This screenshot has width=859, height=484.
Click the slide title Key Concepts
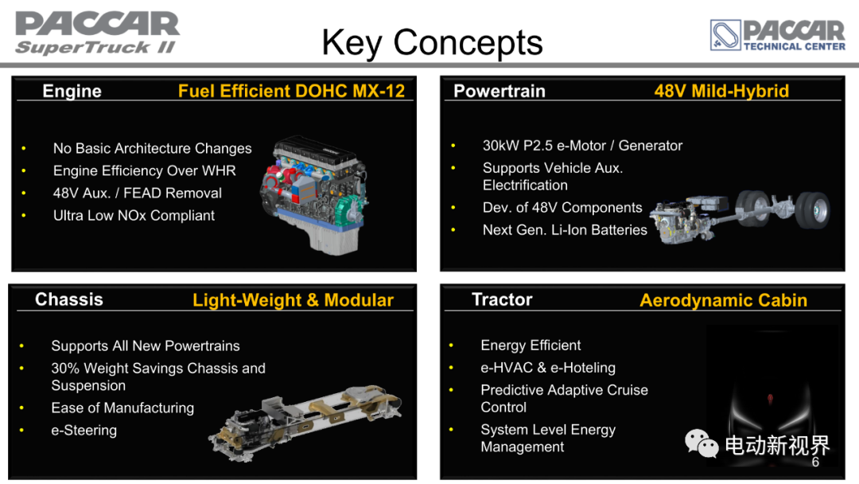pyautogui.click(x=432, y=43)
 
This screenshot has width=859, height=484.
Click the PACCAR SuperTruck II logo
pyautogui.click(x=97, y=33)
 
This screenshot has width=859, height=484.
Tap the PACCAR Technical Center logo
pyautogui.click(x=777, y=35)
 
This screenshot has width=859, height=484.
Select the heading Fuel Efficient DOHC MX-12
pyautogui.click(x=291, y=91)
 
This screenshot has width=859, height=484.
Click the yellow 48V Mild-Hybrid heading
pyautogui.click(x=721, y=91)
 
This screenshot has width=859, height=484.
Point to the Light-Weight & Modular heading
pyautogui.click(x=293, y=300)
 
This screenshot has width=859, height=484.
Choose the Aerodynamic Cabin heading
pyautogui.click(x=723, y=300)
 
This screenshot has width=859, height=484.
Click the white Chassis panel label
pyautogui.click(x=69, y=299)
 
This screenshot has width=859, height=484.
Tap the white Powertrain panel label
pyautogui.click(x=499, y=91)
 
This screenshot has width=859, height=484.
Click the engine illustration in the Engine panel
pyautogui.click(x=314, y=194)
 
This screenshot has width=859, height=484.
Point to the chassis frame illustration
pyautogui.click(x=305, y=423)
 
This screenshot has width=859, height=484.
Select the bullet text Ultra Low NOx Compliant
pyautogui.click(x=134, y=216)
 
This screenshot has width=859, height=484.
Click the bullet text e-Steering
pyautogui.click(x=84, y=431)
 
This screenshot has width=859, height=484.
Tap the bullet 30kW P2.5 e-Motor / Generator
pyautogui.click(x=582, y=145)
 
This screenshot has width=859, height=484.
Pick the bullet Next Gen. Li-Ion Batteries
pyautogui.click(x=565, y=230)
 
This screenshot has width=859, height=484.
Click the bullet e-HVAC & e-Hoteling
pyautogui.click(x=548, y=367)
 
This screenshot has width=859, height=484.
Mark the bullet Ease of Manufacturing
pyautogui.click(x=122, y=408)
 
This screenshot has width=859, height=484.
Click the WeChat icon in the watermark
pyautogui.click(x=702, y=443)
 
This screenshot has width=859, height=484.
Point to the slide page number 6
pyautogui.click(x=815, y=462)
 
